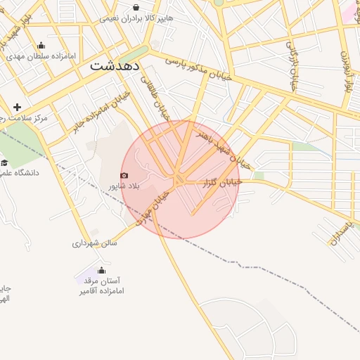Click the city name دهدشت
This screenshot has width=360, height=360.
pyautogui.click(x=115, y=65)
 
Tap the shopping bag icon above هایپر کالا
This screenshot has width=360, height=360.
pyautogui.click(x=136, y=8)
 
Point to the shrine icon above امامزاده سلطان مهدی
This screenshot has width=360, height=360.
pyautogui.click(x=40, y=46)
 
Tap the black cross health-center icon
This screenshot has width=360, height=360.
pyautogui.click(x=18, y=107)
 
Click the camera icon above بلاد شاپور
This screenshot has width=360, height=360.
pyautogui.click(x=124, y=175)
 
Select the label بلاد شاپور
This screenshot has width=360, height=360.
pyautogui.click(x=124, y=186)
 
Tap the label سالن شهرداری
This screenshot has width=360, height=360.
pyautogui.click(x=95, y=243)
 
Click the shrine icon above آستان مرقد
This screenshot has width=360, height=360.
pyautogui.click(x=101, y=270)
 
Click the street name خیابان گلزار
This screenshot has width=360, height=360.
pyautogui.click(x=221, y=182)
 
